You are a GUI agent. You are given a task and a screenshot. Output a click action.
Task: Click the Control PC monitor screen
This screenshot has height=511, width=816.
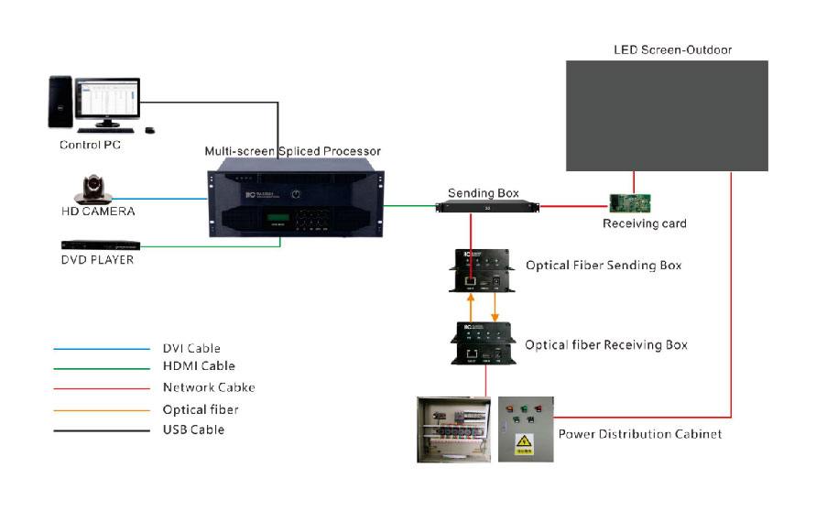107,100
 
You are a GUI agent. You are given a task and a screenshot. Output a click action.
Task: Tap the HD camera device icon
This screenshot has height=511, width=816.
92,192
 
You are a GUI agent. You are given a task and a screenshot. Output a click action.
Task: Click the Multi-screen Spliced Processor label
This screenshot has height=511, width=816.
293,151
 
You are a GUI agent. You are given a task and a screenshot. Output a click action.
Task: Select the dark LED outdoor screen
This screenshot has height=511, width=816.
667,115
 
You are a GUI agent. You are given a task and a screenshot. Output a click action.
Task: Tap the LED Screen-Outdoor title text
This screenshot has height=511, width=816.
672,49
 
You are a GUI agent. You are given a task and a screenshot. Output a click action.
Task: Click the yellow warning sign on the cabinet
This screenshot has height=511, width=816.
523,444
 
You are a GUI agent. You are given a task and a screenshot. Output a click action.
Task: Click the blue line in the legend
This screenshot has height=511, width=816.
101,349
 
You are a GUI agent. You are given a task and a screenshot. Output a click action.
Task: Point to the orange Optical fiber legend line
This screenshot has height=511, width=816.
101,410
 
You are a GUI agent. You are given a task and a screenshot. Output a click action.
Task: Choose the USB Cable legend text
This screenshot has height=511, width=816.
193,429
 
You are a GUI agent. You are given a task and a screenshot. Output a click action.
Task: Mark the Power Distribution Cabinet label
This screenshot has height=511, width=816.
640,433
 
